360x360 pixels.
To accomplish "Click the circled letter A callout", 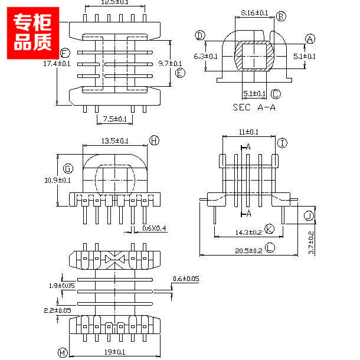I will [x=310, y=39].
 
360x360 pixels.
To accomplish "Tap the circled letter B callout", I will [x=281, y=16].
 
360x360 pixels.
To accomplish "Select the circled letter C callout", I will [x=276, y=94].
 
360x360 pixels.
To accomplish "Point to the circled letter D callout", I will [x=201, y=37].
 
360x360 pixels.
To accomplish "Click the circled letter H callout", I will [x=154, y=140].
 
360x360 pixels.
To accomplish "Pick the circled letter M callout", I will [x=62, y=353].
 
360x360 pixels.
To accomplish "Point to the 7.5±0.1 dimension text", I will [x=114, y=119].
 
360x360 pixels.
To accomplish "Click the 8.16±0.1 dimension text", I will [x=255, y=12].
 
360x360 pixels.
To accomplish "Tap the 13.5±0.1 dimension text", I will [x=116, y=141].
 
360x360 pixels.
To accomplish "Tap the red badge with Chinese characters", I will [x=33, y=32].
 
